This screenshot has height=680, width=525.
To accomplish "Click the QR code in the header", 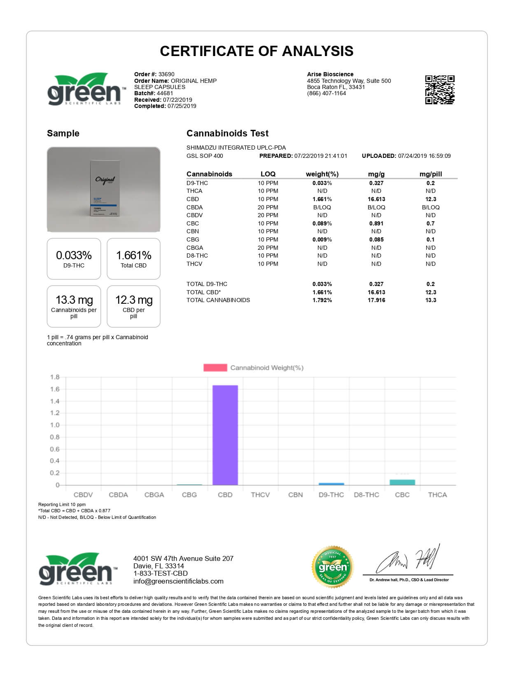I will coord(440,89).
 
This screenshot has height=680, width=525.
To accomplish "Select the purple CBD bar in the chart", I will coord(225,435).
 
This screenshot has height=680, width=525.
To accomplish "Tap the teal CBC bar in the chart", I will coord(402,482).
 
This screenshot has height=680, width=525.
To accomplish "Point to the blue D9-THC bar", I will coord(331,484).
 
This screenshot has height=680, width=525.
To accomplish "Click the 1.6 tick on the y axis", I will coord(55,389).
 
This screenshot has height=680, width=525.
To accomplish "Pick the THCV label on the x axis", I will coord(260,495).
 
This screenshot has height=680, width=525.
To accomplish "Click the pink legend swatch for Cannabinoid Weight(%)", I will coord(215,368).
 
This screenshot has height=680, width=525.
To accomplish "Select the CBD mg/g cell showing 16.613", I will coord(376,199).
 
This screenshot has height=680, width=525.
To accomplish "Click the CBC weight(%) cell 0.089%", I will coord(322,223).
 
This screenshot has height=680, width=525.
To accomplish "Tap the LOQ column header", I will coord(268,174).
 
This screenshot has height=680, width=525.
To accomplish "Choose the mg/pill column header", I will coord(430,174).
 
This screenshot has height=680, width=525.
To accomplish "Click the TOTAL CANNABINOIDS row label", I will coord(218,300).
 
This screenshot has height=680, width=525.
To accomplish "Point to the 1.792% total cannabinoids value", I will coord(322,300).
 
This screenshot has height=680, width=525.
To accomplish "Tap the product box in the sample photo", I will coord(104,189).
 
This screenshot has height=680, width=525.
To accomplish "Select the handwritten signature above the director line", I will coord(408,561).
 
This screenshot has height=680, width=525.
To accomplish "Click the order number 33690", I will coord(166,74).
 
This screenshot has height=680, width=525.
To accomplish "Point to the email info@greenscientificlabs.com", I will coord(178,581).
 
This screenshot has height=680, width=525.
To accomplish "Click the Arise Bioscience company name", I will coord(330,74).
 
